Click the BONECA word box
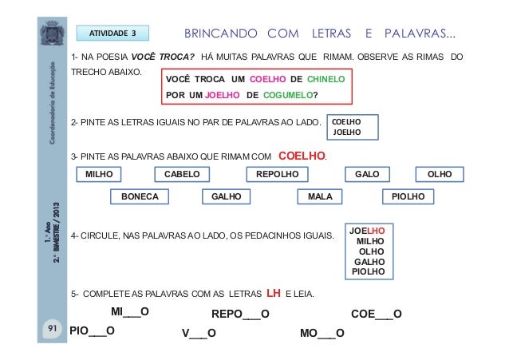(139, 196)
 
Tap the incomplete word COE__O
(376, 314)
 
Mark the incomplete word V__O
(199, 332)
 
